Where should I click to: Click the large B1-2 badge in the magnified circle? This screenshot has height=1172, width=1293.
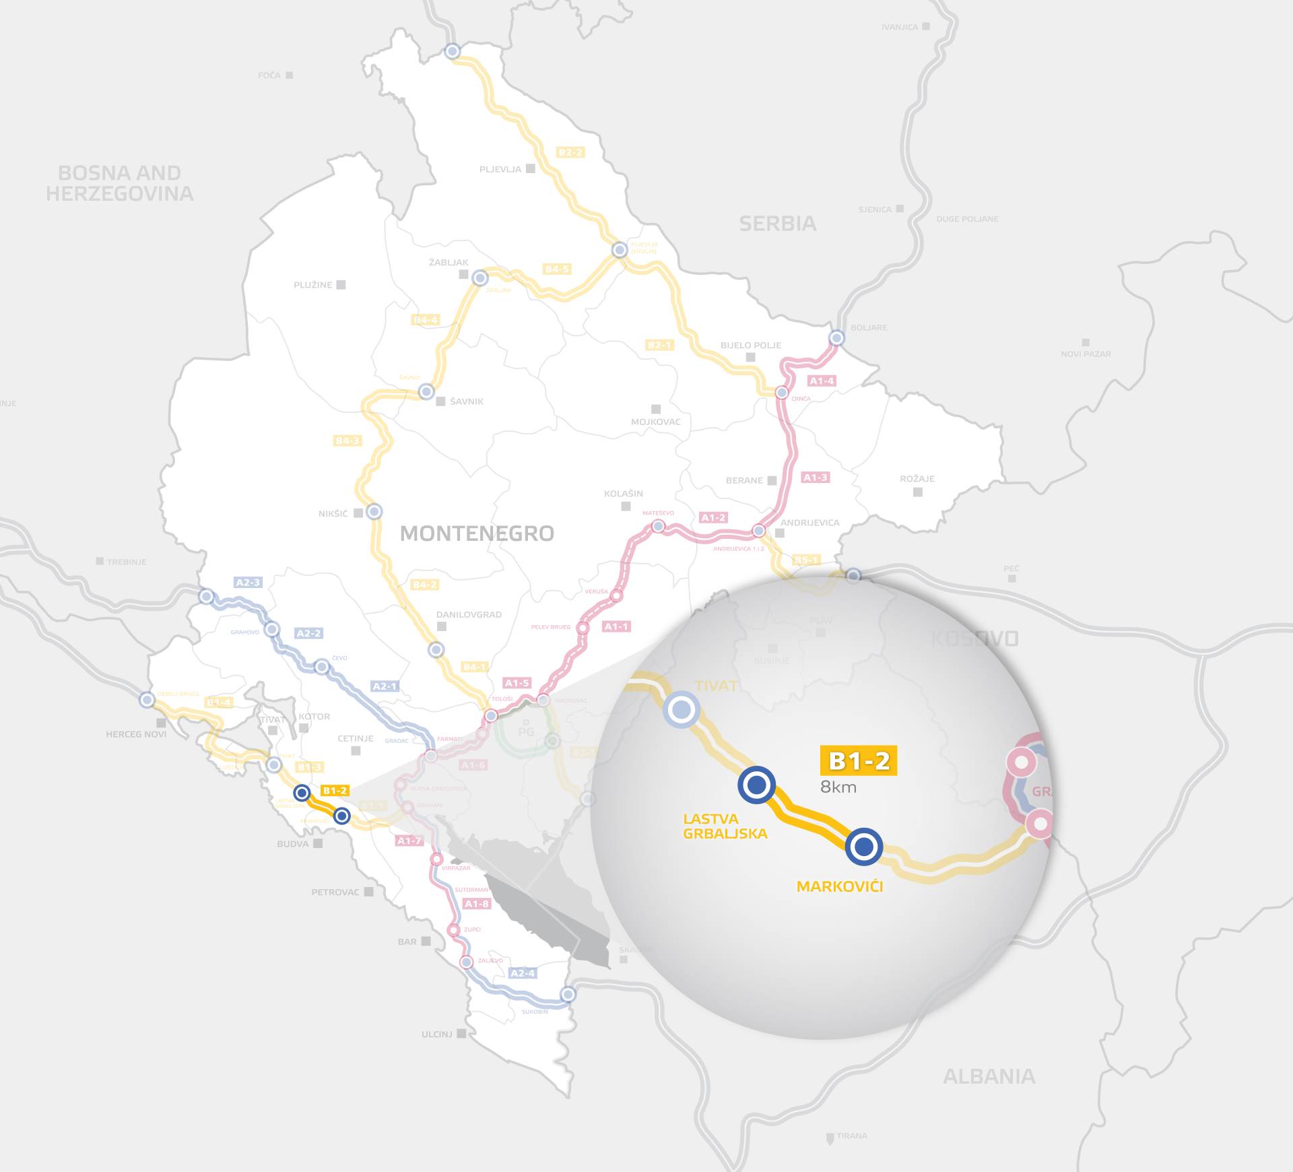[x=859, y=761]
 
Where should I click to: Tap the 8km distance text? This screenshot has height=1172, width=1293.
[x=838, y=787]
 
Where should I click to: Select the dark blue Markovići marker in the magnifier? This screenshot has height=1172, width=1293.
[x=863, y=846]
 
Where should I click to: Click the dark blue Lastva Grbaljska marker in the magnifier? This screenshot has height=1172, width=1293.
[x=757, y=784]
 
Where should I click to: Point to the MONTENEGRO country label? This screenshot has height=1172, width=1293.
[x=477, y=533]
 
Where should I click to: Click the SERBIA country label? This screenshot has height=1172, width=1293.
[x=778, y=224]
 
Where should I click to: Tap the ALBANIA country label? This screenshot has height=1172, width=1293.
[x=989, y=1076]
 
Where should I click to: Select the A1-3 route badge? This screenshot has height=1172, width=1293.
[x=816, y=478]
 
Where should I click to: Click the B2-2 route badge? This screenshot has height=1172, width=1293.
[x=570, y=152]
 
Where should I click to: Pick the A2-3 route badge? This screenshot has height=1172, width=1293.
[x=248, y=583]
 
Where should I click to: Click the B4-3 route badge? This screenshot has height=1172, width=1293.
[x=347, y=441]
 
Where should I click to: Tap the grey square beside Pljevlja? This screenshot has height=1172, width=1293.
[x=531, y=168]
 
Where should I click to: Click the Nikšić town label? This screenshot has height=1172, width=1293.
[x=333, y=513]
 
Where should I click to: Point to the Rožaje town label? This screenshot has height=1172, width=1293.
[x=917, y=479]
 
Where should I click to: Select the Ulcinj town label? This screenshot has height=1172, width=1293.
[x=437, y=1034]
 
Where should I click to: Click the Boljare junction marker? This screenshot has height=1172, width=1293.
[x=836, y=338]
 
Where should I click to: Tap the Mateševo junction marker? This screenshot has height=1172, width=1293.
[x=658, y=526]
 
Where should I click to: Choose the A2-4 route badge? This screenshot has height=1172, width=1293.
[x=523, y=973]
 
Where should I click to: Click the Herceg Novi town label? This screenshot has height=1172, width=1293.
[x=136, y=734]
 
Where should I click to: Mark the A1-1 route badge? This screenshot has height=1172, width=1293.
[x=616, y=626]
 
